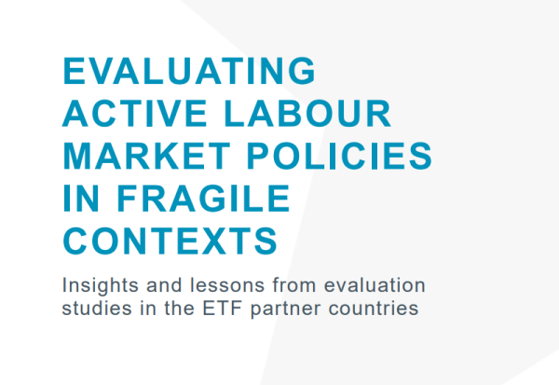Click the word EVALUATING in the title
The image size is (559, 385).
click(189, 71)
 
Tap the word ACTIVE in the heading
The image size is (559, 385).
click(135, 113)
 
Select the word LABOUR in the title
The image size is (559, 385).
click(308, 113)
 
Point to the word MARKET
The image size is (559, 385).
click(146, 156)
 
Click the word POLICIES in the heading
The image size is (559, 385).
click(339, 156)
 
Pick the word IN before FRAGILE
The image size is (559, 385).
click(80, 198)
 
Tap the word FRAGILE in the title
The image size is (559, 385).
click(203, 198)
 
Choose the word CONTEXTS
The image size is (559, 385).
click(170, 241)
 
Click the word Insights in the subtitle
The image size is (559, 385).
click(101, 285)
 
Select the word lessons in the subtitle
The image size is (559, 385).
click(227, 285)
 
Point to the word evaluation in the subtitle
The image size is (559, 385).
click(375, 285)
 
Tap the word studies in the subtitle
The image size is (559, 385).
click(97, 308)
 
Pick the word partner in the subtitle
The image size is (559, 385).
click(286, 309)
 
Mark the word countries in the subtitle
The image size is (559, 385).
click(374, 308)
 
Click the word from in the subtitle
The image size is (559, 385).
click(294, 285)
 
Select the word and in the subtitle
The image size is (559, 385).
click(164, 285)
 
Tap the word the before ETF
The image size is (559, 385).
click(179, 308)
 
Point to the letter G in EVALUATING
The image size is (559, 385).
click(302, 71)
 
